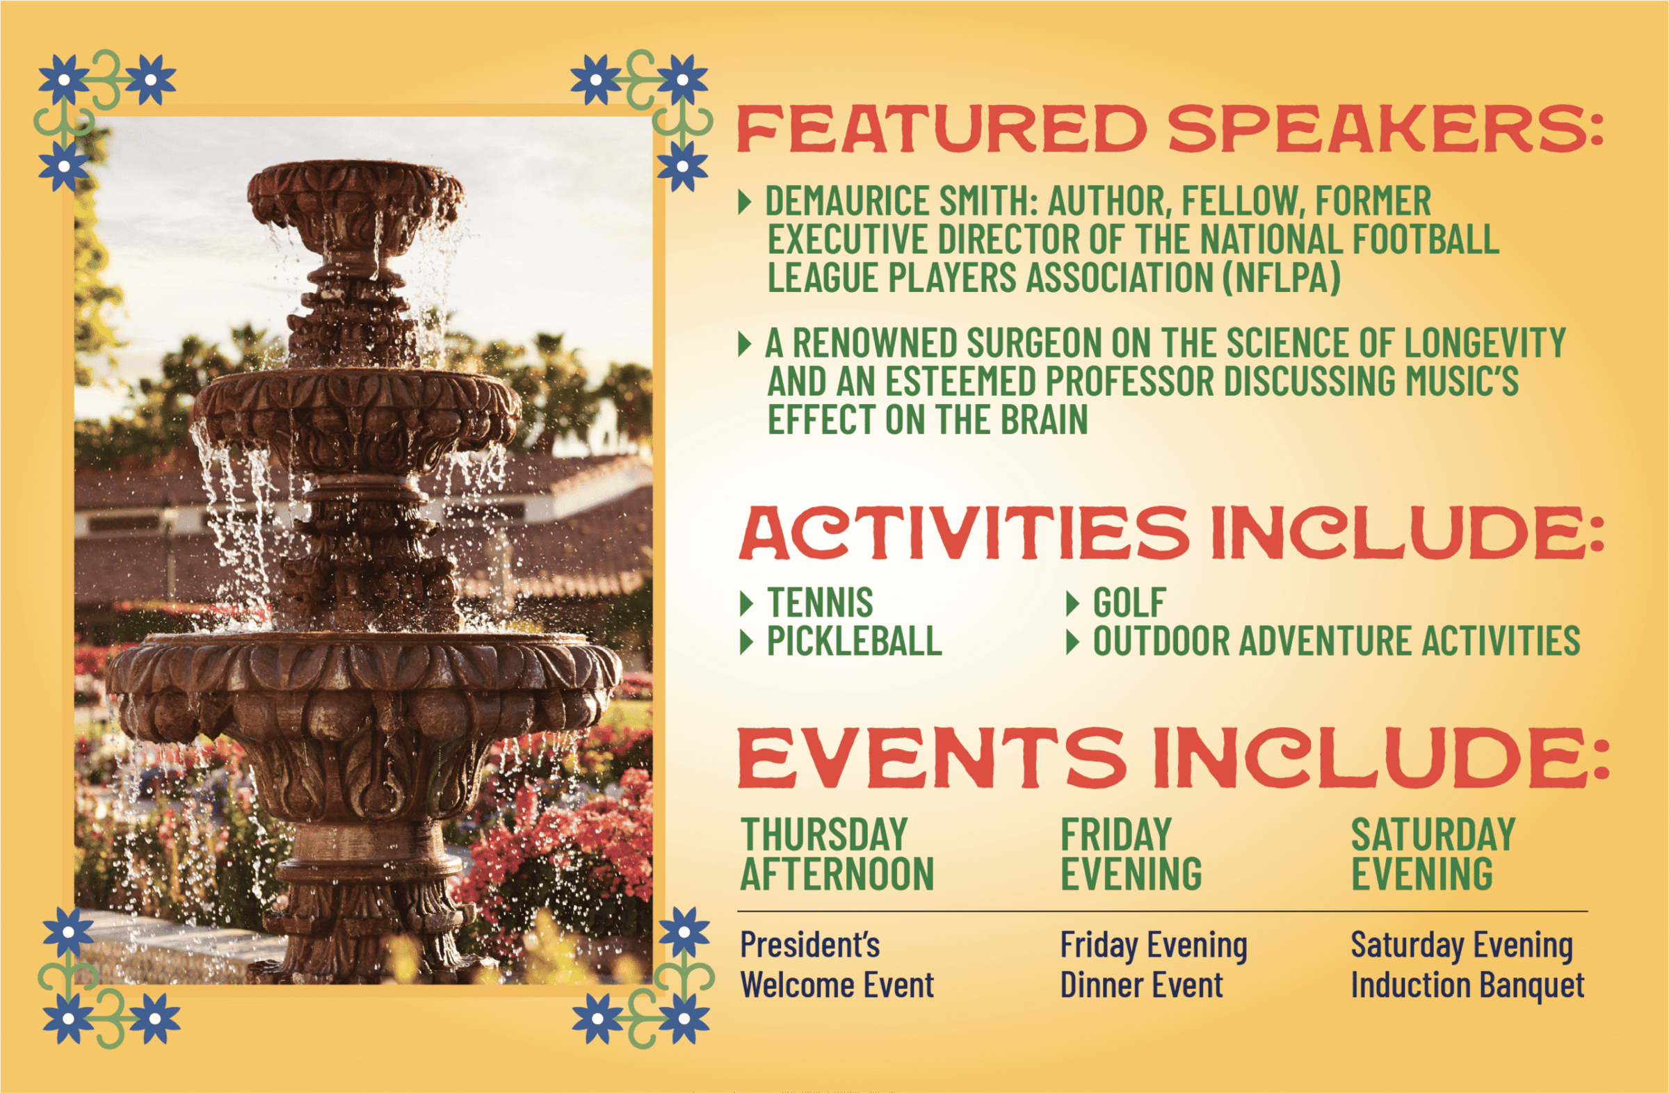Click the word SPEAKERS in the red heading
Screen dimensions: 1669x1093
(x=1385, y=129)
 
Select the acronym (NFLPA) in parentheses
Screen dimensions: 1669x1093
(x=1281, y=277)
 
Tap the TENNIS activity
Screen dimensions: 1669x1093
(x=820, y=602)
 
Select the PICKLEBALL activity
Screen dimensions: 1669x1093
(x=854, y=641)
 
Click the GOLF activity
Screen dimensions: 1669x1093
(x=1129, y=602)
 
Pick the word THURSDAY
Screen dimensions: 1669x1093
(x=824, y=834)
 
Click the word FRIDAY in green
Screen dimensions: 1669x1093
(x=1115, y=834)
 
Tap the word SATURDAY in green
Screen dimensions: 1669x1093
(x=1433, y=834)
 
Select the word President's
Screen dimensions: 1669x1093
(x=810, y=944)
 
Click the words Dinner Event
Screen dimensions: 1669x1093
(x=1142, y=985)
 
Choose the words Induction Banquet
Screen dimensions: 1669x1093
(x=1468, y=986)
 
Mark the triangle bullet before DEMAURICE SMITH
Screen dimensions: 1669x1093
(x=745, y=202)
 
